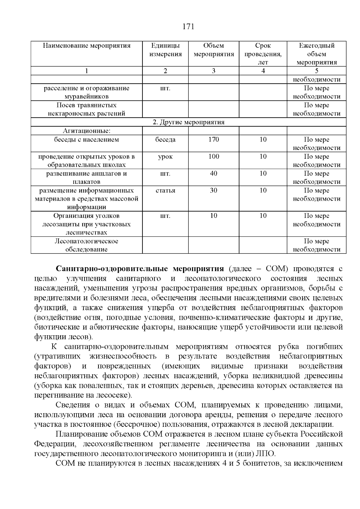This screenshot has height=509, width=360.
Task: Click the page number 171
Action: pos(188,27)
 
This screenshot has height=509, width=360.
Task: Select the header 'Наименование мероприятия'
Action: pos(86,46)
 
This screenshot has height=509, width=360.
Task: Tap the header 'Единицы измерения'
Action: pos(165,50)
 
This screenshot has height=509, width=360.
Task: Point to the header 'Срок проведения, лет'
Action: pos(263,54)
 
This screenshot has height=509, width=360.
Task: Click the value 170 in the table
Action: pos(214,139)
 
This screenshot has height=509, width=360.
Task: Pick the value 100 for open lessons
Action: pos(214,157)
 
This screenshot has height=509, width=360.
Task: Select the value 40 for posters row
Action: pos(214,173)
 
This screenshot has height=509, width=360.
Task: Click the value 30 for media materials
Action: pos(214,190)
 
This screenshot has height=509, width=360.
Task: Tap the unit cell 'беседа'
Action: pos(165,139)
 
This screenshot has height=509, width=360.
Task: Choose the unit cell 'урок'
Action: pos(165,157)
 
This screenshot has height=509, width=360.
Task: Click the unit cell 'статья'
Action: pos(165,190)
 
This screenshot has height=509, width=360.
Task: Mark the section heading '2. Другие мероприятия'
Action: pos(188,122)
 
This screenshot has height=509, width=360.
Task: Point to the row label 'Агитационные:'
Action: pos(86,131)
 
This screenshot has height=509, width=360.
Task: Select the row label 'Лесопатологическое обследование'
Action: pos(86,245)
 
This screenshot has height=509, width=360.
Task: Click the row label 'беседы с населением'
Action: pos(86,139)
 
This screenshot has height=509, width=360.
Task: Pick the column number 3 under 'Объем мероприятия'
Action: pos(214,71)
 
